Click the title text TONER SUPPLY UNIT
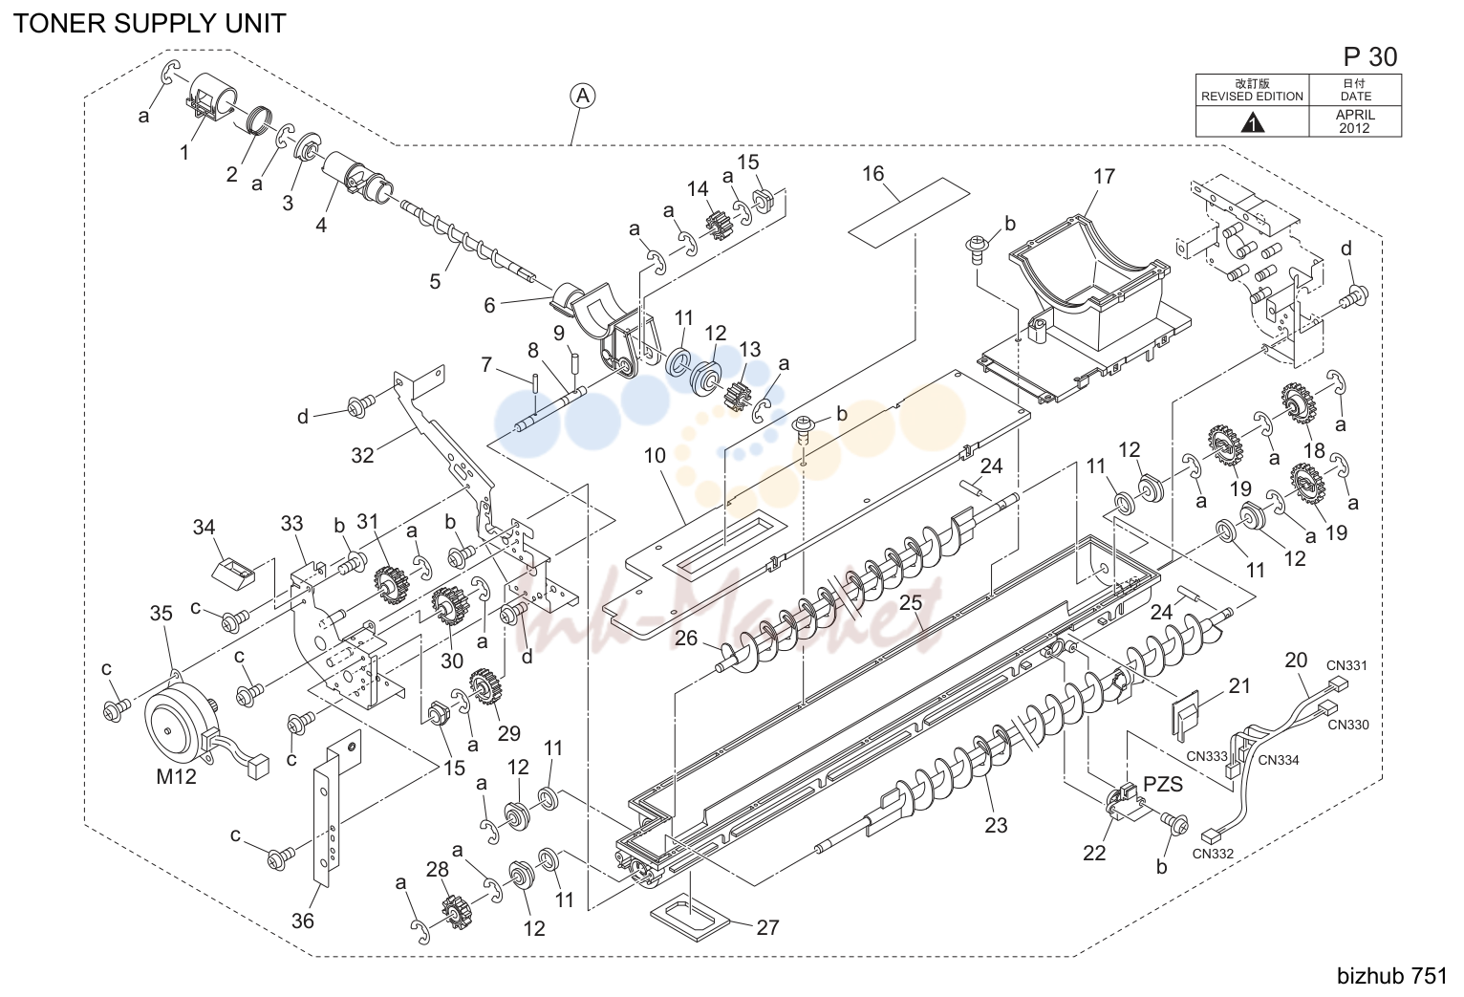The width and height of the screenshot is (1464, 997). point(150,24)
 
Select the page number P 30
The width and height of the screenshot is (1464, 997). point(1370,57)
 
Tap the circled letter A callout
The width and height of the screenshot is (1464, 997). point(582,97)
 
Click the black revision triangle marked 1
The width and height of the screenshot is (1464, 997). point(1252,123)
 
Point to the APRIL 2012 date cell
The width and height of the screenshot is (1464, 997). point(1355,121)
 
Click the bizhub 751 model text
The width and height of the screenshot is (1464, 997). point(1392,975)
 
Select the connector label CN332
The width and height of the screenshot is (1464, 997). point(1213,854)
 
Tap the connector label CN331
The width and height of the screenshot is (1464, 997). point(1346,665)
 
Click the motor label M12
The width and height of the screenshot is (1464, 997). point(176,777)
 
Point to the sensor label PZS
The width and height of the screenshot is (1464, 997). point(1163,783)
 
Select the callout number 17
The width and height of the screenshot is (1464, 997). point(1104,176)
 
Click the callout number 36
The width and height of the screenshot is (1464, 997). point(303,921)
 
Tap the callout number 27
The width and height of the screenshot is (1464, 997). point(768,927)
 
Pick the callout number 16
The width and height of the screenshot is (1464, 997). point(873,173)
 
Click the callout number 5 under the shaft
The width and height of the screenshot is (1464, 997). point(435,281)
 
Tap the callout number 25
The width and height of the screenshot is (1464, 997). point(911,602)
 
